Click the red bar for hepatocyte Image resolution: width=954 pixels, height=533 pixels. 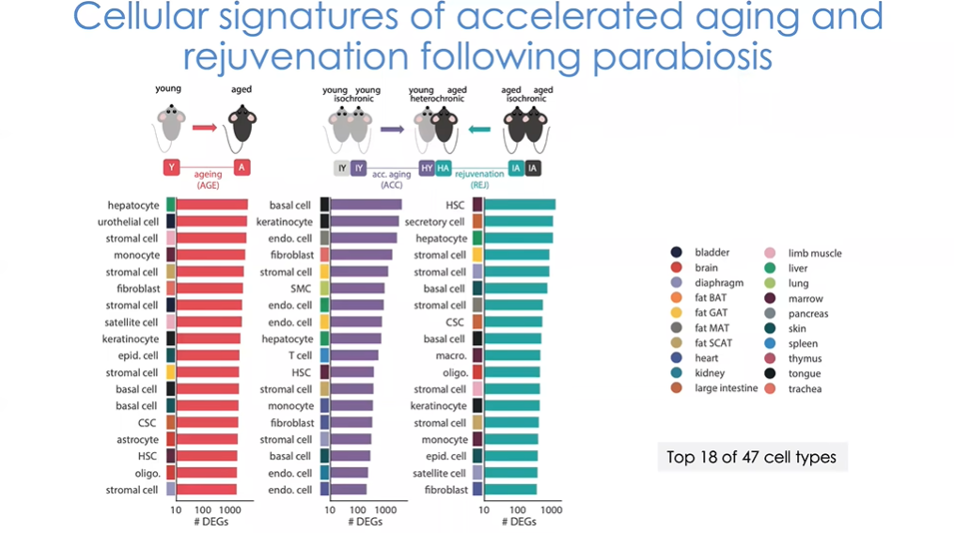[x=211, y=205]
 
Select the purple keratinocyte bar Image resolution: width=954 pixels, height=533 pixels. [x=364, y=222]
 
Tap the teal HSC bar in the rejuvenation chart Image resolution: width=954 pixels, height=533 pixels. [x=519, y=205]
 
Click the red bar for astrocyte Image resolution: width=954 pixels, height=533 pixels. [x=207, y=440]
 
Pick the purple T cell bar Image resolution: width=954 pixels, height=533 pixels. [x=353, y=356]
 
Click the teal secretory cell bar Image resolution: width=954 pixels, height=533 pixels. [x=518, y=222]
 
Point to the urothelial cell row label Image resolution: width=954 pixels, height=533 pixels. [x=128, y=222]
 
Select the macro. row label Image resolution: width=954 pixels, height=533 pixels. [x=451, y=356]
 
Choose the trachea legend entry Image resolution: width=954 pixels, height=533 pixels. [x=805, y=388]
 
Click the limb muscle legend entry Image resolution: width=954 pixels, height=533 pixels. [x=814, y=253]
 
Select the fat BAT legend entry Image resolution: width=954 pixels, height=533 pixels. [x=710, y=298]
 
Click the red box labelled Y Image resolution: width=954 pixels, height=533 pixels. [x=171, y=167]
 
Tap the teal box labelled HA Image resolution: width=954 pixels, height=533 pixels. [x=444, y=168]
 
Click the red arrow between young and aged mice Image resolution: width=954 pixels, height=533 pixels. [x=205, y=127]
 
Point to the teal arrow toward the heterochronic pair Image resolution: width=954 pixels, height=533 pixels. [x=480, y=129]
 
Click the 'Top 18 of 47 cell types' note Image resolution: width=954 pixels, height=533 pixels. [x=751, y=458]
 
